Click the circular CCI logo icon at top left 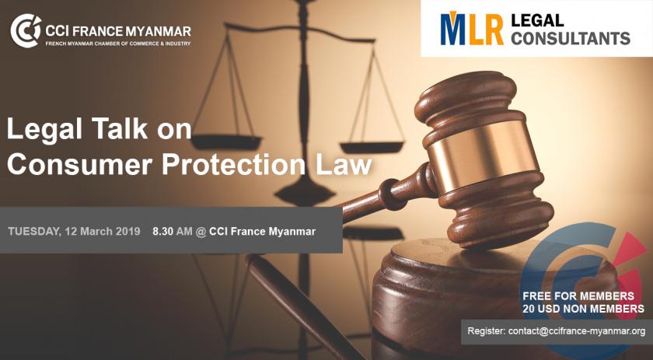coord(26,31)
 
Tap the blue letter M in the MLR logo coord(453,30)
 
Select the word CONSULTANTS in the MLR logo coord(570,38)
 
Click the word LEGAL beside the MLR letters coord(537,20)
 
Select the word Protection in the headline coord(235,164)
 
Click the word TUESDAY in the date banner coord(34,232)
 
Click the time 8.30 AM coord(173,231)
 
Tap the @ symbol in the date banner coord(201,232)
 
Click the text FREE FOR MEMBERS coord(578,296)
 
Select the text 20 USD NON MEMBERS coord(584,309)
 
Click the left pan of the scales coord(226,142)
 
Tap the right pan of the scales coord(372,147)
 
